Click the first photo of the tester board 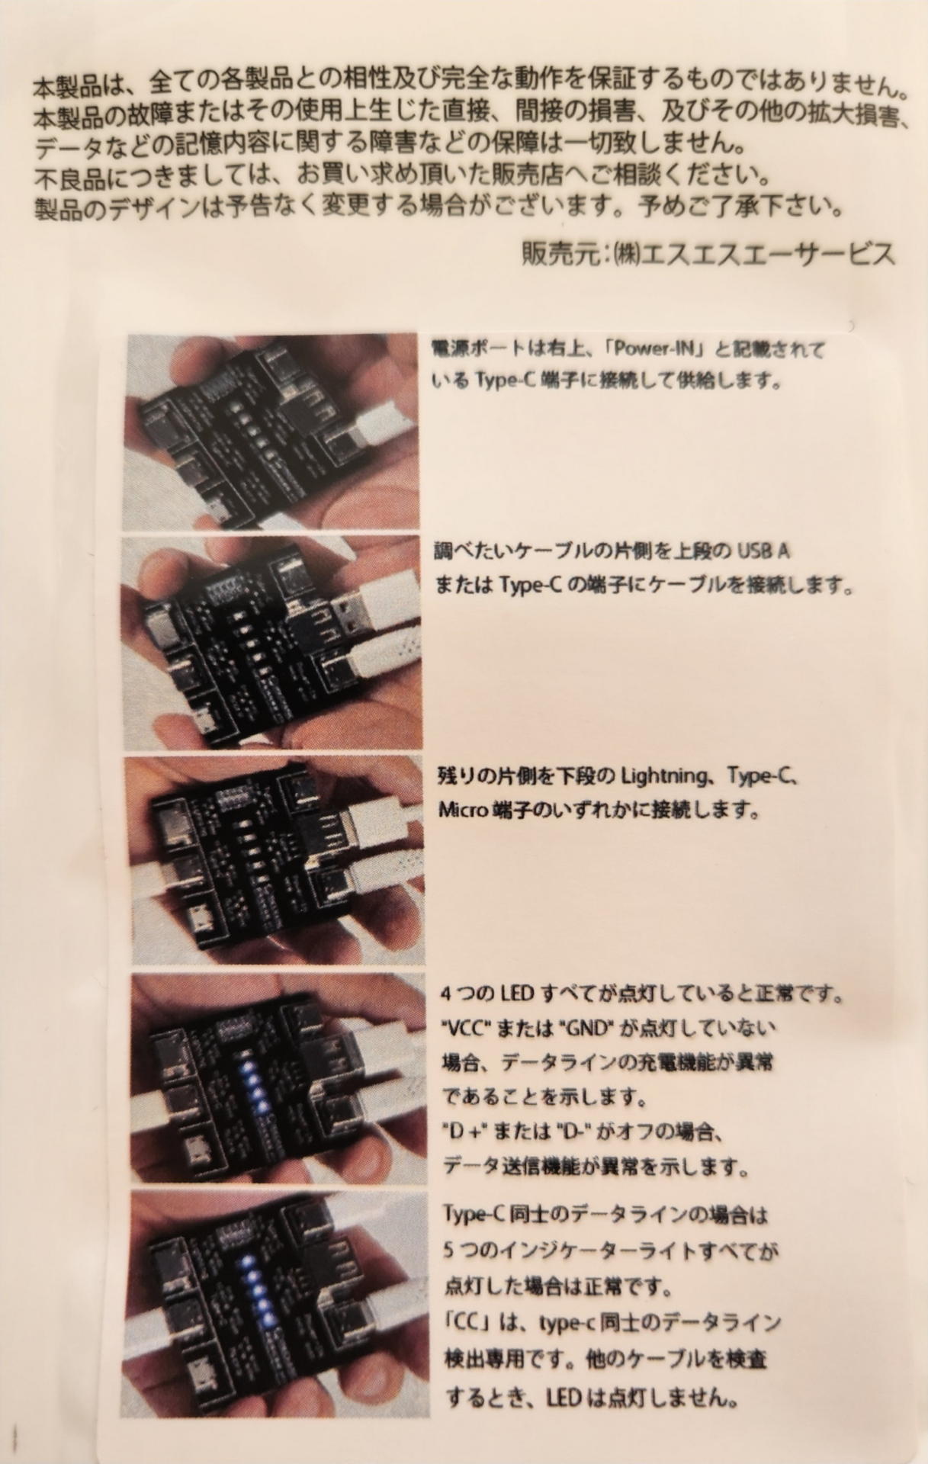[271, 432]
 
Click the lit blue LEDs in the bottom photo [255, 1289]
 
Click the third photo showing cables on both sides [271, 859]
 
